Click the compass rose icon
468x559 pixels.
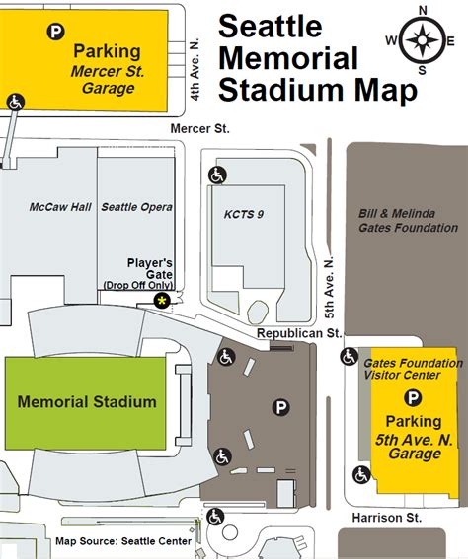tap(423, 41)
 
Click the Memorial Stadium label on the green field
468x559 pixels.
tap(87, 401)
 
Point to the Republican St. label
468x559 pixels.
tap(298, 334)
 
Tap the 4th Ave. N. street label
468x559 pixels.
tap(196, 70)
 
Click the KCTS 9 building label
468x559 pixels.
tap(238, 213)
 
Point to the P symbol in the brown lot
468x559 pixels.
tap(281, 406)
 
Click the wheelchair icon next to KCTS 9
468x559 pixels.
tap(216, 175)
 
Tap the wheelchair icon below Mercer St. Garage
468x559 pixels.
tap(16, 101)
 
